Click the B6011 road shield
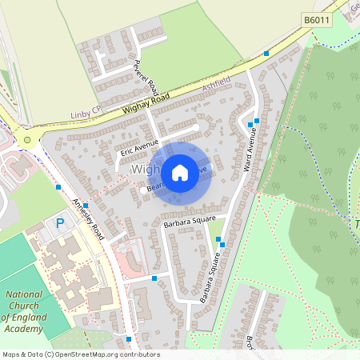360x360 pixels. click(318, 18)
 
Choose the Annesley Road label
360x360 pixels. click(89, 220)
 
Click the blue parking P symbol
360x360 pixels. click(61, 224)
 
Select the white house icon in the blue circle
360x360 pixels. click(180, 172)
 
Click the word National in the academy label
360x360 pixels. click(24, 294)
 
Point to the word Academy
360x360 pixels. click(24, 329)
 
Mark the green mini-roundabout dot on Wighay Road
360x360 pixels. click(28, 139)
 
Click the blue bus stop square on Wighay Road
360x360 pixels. click(266, 54)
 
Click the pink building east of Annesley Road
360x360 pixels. click(129, 258)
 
